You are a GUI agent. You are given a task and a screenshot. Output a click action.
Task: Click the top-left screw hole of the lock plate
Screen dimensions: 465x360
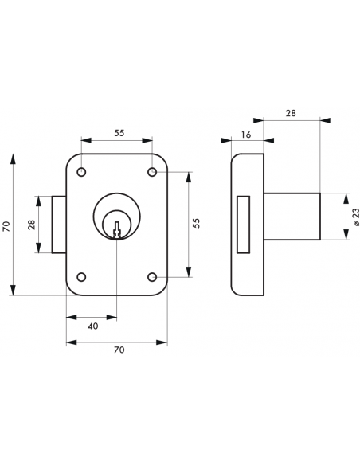tap(81, 172)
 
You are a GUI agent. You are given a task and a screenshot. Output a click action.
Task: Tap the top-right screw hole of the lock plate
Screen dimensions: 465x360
tap(152, 172)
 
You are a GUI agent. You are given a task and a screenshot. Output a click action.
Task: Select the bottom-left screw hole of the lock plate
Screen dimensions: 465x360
tap(81, 277)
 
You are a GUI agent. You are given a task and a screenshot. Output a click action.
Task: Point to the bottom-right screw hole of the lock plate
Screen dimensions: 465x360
tap(152, 277)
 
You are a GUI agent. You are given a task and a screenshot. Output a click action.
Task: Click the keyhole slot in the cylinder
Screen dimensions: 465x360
tap(117, 229)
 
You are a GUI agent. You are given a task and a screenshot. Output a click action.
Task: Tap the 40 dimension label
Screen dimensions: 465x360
tap(92, 326)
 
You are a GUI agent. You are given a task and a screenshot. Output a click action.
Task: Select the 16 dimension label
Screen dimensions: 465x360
tap(245, 135)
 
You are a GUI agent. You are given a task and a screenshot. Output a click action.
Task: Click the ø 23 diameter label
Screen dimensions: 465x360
tap(355, 216)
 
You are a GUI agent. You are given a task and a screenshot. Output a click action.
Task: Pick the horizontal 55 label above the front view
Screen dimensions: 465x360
tap(118, 134)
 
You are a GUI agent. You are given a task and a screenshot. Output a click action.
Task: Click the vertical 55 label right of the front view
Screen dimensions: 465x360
tap(196, 225)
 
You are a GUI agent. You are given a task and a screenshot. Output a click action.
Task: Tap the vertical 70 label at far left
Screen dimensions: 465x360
tap(6, 226)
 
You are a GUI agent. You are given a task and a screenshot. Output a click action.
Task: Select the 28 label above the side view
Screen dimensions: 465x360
tap(290, 114)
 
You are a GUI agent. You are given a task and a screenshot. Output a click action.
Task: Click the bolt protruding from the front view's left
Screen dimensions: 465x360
tap(59, 225)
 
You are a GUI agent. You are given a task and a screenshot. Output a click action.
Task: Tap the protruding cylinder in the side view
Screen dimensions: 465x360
tap(292, 216)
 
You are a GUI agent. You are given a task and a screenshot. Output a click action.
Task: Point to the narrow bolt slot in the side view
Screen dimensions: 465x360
tap(244, 225)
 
